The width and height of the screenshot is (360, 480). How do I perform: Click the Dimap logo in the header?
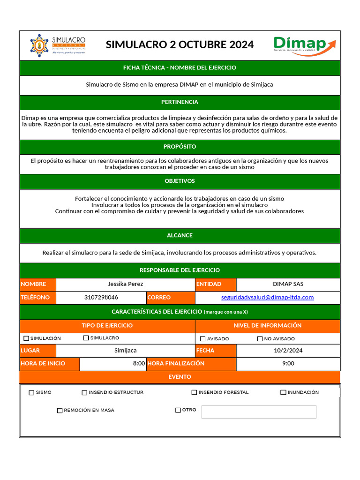[x=305, y=45]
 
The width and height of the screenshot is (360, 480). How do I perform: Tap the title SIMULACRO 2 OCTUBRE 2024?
[x=180, y=45]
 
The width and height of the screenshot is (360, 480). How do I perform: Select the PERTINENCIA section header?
[x=180, y=102]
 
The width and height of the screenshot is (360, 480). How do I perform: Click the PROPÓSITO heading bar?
[x=180, y=146]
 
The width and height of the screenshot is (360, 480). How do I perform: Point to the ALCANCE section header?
[x=180, y=235]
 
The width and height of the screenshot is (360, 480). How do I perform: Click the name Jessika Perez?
[x=125, y=284]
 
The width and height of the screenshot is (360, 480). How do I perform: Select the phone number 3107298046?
[x=101, y=297]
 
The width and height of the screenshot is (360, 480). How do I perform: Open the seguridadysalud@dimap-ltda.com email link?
[x=267, y=297]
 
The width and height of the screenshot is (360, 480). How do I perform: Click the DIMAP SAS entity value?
[x=288, y=284]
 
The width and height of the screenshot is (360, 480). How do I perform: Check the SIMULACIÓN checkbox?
[x=26, y=338]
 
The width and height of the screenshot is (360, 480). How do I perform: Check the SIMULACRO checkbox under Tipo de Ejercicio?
[x=86, y=338]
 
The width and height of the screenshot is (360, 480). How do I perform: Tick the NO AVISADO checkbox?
[x=260, y=339]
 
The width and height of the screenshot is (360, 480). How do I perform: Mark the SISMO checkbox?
[x=31, y=393]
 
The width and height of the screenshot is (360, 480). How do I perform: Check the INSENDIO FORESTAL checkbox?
[x=194, y=392]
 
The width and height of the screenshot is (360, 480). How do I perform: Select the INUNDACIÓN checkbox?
[x=283, y=392]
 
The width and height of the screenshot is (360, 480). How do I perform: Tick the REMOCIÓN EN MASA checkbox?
[x=60, y=411]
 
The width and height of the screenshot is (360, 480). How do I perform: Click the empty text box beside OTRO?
[x=259, y=412]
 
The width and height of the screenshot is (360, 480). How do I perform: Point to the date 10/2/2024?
[x=288, y=350]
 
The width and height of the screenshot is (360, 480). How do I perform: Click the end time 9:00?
[x=288, y=363]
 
